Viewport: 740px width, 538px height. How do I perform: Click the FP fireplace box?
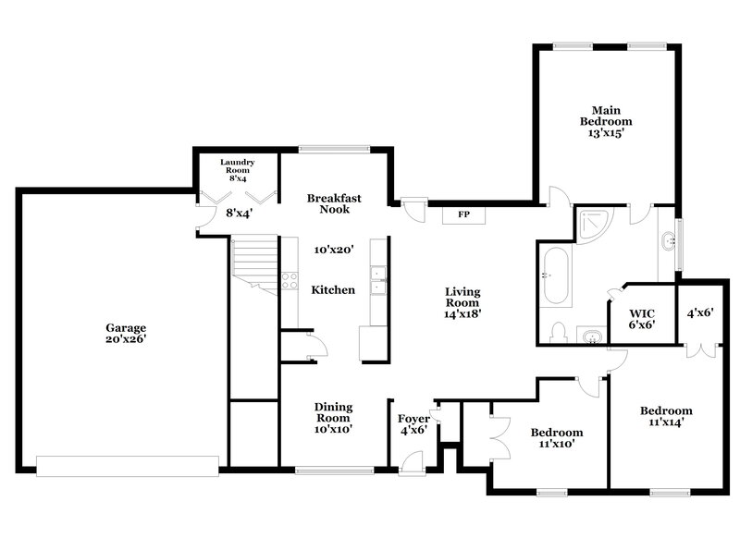click(464, 214)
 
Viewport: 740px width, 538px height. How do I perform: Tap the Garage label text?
click(125, 333)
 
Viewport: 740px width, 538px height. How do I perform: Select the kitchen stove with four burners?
click(290, 281)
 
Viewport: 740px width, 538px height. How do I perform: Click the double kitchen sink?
click(377, 279)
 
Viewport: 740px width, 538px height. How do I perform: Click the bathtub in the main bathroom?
click(554, 275)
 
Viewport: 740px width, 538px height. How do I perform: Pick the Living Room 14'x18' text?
click(462, 302)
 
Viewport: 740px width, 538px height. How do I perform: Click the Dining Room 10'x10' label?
click(333, 417)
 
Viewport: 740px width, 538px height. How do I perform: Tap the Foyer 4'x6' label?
click(413, 424)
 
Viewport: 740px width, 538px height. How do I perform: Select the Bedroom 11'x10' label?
click(556, 437)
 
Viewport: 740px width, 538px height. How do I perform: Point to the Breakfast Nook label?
click(334, 203)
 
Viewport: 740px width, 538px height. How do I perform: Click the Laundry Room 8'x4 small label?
click(237, 170)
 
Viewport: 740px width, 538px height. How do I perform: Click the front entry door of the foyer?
click(413, 460)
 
